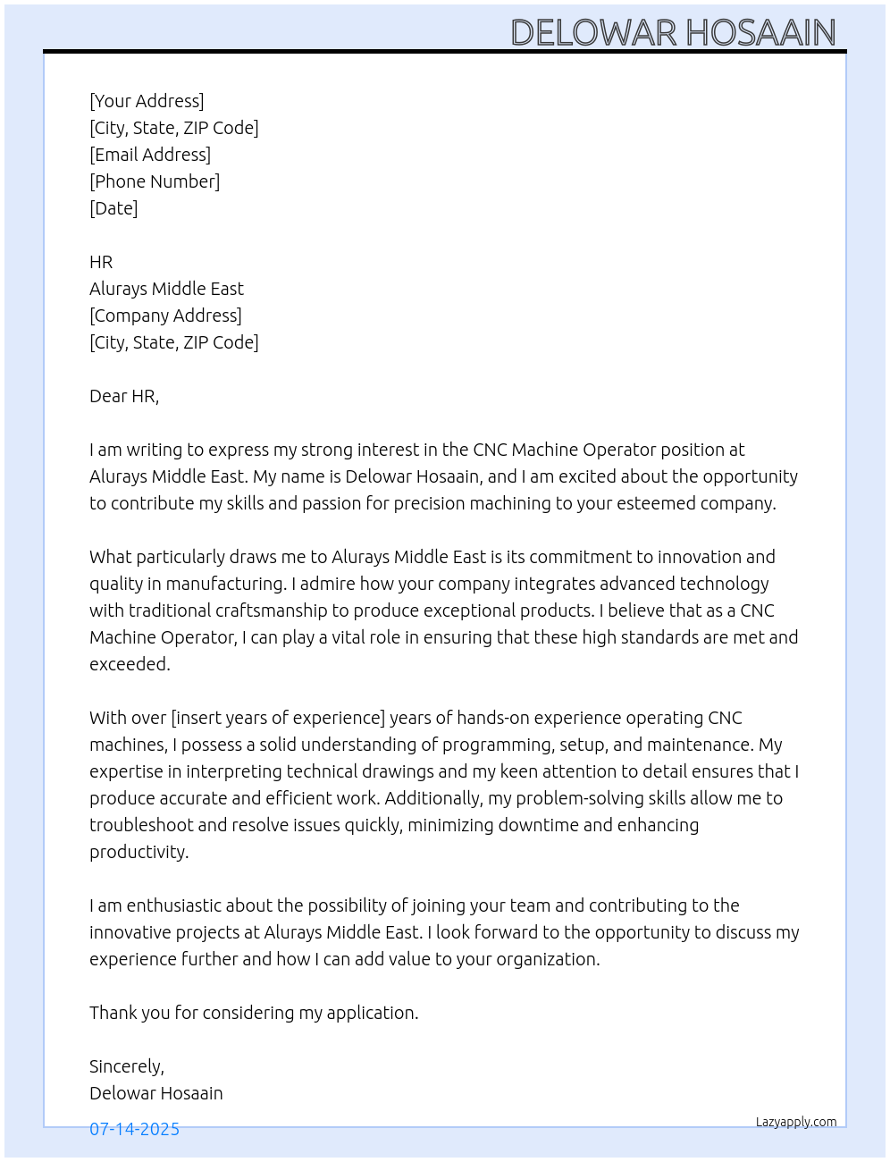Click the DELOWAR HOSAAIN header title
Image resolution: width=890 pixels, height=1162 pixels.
click(x=673, y=32)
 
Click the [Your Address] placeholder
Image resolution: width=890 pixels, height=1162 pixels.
click(x=147, y=101)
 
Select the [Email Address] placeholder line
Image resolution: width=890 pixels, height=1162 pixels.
click(x=150, y=155)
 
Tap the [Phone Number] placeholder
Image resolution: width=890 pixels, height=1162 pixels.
click(x=155, y=181)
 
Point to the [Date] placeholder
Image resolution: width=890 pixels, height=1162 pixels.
click(x=113, y=208)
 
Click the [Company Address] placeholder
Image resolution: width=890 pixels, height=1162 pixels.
click(x=165, y=316)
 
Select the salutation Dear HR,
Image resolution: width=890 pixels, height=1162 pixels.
click(x=124, y=396)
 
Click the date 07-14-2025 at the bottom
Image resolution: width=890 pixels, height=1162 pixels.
click(x=134, y=1129)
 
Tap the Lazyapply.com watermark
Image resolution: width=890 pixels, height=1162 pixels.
click(x=796, y=1122)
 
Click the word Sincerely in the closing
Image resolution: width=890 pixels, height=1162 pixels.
click(x=125, y=1066)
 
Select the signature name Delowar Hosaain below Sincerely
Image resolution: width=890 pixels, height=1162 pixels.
click(x=156, y=1093)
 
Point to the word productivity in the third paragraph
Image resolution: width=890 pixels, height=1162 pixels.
click(x=139, y=852)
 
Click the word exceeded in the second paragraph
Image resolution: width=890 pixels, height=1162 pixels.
click(x=129, y=664)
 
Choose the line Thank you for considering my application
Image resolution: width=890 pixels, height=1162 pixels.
click(x=254, y=1013)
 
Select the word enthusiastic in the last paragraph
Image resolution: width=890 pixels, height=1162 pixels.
click(x=174, y=905)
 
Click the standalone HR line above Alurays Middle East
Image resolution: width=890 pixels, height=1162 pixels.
click(x=101, y=262)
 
